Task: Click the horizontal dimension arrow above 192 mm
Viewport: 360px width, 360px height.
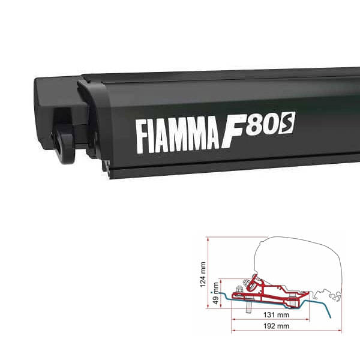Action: point(282,319)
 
